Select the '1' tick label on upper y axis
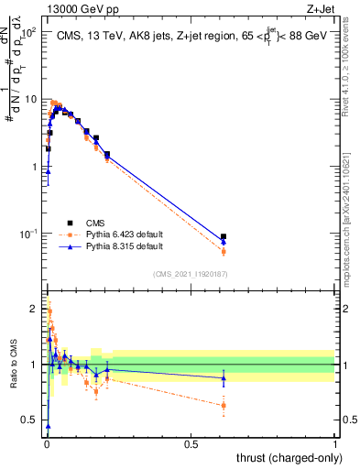coord(34,167)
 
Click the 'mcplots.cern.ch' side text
coord(353,229)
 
